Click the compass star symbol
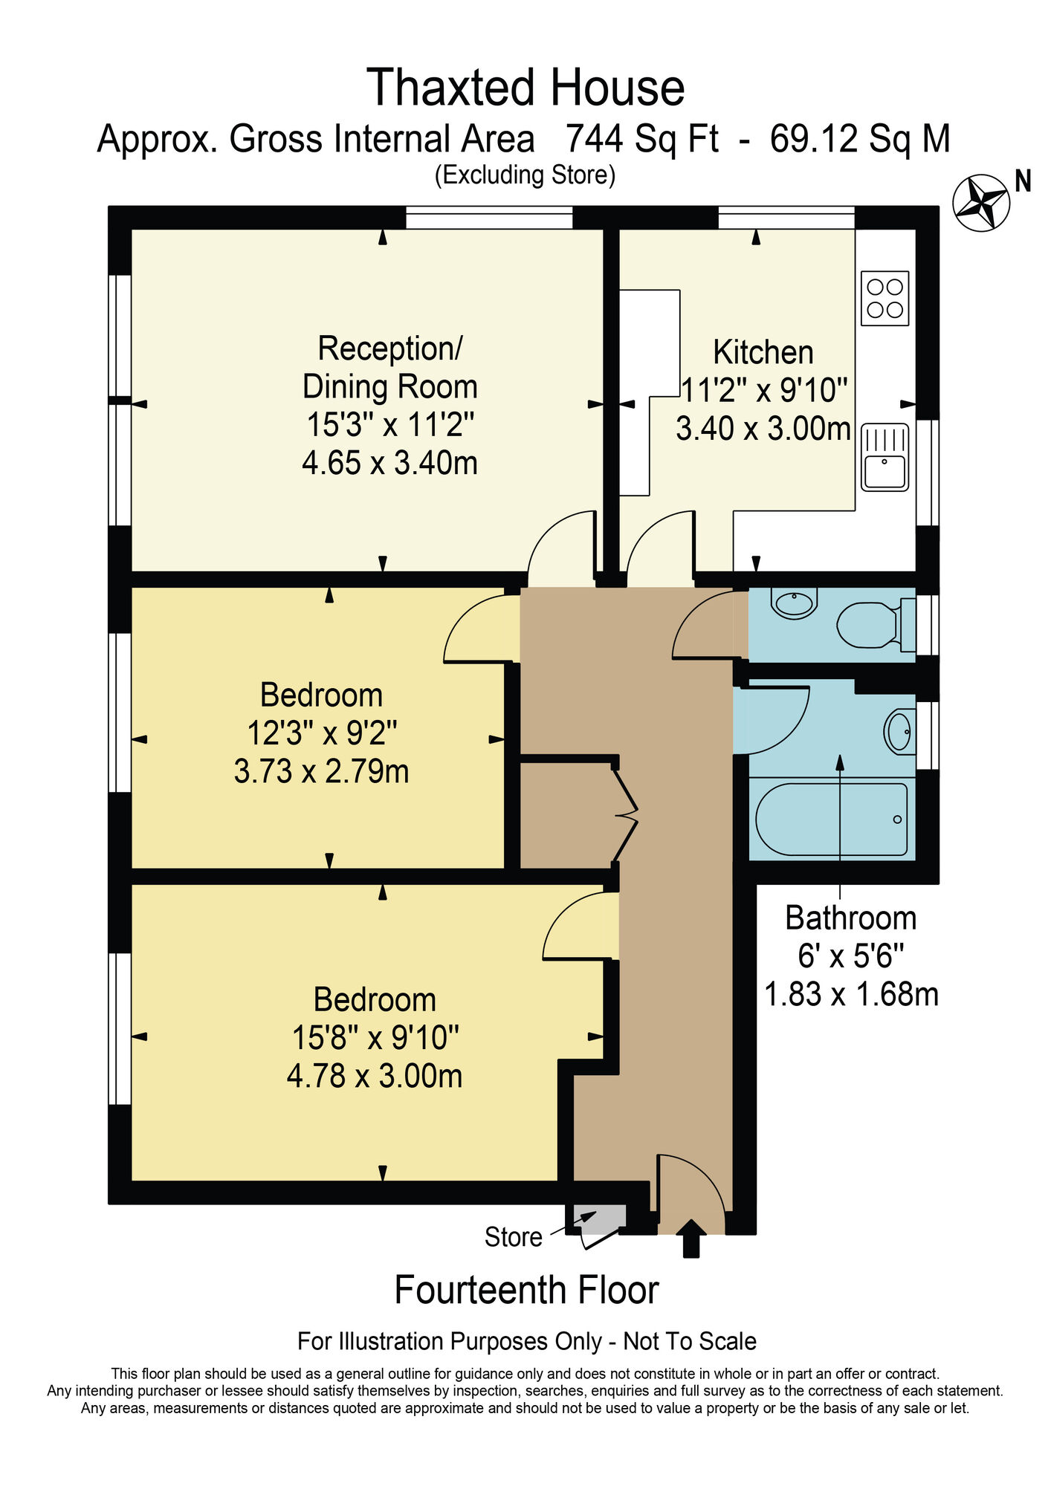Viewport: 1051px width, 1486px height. (981, 202)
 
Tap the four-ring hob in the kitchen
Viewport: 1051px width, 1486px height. (885, 298)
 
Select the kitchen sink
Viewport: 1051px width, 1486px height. (885, 457)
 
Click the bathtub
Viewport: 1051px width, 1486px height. (831, 820)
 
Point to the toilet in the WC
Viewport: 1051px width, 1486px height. (868, 624)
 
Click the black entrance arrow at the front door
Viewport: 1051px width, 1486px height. (691, 1238)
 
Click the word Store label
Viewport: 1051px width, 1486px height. (513, 1237)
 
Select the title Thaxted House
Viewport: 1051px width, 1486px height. (525, 88)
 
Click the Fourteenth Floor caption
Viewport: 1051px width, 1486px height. (526, 1291)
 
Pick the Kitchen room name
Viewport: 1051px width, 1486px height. (763, 352)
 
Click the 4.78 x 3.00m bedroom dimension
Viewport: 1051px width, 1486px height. (375, 1076)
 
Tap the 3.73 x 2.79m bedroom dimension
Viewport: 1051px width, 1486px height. (321, 771)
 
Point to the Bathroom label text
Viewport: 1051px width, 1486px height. (850, 918)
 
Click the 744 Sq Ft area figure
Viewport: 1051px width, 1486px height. (642, 139)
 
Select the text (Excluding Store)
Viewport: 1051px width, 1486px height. (525, 175)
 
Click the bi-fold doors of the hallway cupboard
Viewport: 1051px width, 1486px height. (626, 814)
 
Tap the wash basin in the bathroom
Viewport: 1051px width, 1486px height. (899, 732)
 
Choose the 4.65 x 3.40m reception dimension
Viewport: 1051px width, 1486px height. (389, 463)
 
